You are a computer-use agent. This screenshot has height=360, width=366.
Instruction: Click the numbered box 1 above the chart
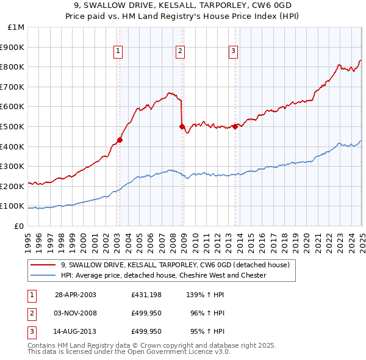tap(117, 51)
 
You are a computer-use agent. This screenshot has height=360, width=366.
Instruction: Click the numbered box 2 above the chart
tap(181, 51)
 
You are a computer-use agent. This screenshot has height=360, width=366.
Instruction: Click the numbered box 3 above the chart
tap(234, 51)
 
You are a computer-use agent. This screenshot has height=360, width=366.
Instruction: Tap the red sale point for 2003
tap(120, 140)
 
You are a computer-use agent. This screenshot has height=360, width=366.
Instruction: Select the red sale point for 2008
tap(182, 126)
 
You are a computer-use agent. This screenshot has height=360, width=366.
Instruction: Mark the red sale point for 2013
tap(235, 126)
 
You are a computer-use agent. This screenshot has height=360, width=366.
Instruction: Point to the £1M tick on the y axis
tap(16, 27)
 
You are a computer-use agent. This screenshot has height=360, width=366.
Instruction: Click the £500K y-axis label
tap(13, 126)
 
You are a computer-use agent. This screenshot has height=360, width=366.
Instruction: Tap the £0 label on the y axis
tap(19, 226)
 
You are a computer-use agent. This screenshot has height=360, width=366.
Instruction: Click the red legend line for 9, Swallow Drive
tap(43, 265)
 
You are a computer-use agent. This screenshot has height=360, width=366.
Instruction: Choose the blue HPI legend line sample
tap(43, 275)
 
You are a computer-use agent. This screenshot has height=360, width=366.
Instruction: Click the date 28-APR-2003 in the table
tap(76, 295)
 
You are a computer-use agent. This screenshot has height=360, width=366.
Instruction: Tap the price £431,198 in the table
tap(146, 295)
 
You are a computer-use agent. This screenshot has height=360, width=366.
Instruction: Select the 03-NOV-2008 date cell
tap(76, 313)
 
